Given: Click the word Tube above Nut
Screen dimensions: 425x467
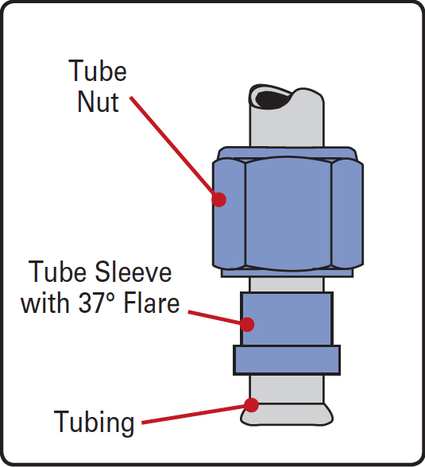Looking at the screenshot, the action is (x=98, y=71).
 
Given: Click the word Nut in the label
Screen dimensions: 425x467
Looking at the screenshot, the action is (x=99, y=102).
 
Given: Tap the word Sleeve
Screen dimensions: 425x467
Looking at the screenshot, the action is (x=133, y=272).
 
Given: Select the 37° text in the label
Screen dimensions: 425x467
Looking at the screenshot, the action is (x=97, y=303).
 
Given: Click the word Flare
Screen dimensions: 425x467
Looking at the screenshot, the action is (x=152, y=303).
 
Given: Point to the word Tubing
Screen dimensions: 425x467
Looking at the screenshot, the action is (x=94, y=423).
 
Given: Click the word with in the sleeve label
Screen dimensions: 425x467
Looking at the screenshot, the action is (x=44, y=303).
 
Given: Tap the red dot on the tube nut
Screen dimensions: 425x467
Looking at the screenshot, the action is (x=219, y=199).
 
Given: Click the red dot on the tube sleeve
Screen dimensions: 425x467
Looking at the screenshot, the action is (x=247, y=324).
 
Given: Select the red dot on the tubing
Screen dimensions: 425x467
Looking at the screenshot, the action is (x=251, y=405).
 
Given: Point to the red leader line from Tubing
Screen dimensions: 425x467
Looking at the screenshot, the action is (x=194, y=414).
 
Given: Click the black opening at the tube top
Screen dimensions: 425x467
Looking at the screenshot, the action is (x=272, y=100).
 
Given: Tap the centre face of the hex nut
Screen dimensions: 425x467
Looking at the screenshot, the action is (x=288, y=213).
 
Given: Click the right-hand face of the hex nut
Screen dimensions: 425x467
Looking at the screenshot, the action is (x=347, y=213).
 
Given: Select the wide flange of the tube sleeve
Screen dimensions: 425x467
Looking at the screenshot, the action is (x=287, y=360).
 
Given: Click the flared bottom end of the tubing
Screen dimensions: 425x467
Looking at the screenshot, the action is (x=287, y=415).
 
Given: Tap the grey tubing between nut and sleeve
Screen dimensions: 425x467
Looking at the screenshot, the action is (x=286, y=284).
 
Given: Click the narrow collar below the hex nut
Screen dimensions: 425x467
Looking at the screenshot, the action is (x=287, y=273).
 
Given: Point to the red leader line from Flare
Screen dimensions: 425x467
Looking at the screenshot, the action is (x=214, y=318).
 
